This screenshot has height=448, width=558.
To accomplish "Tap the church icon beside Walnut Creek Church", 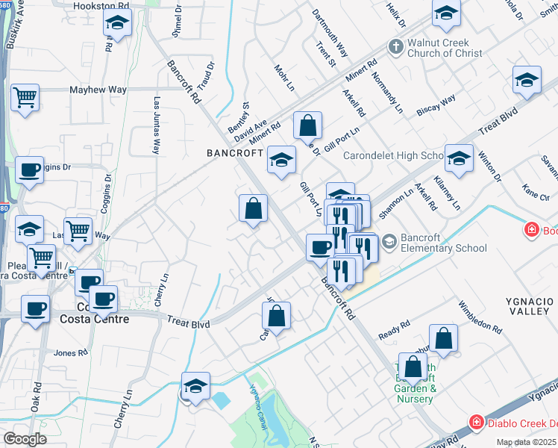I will click(395, 48).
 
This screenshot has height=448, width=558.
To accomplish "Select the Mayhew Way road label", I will click(98, 90).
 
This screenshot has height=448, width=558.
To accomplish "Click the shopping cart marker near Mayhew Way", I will click(25, 97).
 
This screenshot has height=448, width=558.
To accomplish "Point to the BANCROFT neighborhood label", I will click(234, 153).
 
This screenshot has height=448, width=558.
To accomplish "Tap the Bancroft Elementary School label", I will click(443, 243).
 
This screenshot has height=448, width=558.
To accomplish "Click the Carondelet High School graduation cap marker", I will click(460, 159).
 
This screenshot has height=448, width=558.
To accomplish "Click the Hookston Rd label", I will click(98, 6).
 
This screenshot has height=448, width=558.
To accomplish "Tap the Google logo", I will click(25, 439).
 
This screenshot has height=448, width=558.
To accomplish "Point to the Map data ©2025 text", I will click(527, 442).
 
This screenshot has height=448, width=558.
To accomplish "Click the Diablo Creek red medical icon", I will click(476, 423).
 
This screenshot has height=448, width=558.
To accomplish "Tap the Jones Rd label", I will click(72, 352).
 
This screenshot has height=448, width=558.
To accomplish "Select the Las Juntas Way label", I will click(157, 125).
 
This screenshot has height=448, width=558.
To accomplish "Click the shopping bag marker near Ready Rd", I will click(443, 338).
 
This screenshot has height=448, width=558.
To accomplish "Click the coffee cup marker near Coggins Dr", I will click(29, 171).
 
